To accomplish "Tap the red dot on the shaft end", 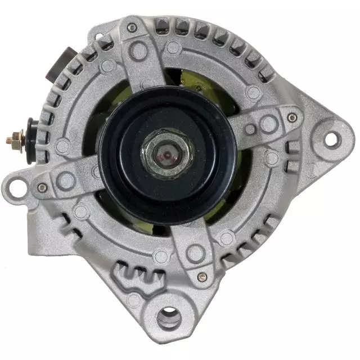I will pos(167,152).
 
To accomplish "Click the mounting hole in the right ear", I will pos(332,137).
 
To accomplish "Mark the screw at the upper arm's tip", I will pos(132,27).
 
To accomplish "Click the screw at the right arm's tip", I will pos(292,118).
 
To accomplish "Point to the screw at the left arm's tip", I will pos(42,187).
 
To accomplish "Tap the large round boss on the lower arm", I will pos(195,253).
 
